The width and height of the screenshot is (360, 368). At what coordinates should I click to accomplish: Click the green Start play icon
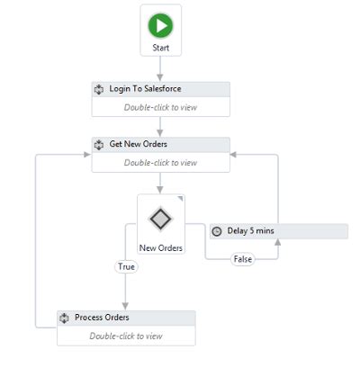[161, 24]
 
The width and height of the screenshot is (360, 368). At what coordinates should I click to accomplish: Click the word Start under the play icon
[161, 46]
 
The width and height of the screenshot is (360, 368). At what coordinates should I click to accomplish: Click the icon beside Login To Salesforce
[100, 89]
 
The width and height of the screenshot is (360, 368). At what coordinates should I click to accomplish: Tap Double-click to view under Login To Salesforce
[160, 108]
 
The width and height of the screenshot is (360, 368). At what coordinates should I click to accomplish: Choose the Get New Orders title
[138, 144]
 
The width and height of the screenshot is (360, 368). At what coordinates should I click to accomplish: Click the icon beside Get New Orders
[100, 144]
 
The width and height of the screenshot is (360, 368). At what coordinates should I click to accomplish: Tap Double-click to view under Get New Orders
[160, 163]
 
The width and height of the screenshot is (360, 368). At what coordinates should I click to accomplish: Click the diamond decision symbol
[160, 219]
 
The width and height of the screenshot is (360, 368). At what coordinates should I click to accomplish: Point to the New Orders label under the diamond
[161, 247]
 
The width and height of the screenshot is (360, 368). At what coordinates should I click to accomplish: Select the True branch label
[125, 266]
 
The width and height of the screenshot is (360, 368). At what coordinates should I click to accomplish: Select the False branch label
[241, 259]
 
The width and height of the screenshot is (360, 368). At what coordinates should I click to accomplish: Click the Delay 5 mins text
[250, 231]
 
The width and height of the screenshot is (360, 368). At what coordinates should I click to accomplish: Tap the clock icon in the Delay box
[216, 231]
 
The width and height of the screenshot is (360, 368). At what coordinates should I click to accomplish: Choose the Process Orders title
[102, 318]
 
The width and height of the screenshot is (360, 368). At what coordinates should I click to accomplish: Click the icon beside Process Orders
[65, 318]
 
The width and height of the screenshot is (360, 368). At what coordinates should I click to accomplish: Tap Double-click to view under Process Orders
[126, 337]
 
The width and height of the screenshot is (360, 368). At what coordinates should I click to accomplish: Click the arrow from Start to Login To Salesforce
[161, 68]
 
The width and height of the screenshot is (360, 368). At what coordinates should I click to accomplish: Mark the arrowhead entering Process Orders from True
[125, 306]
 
